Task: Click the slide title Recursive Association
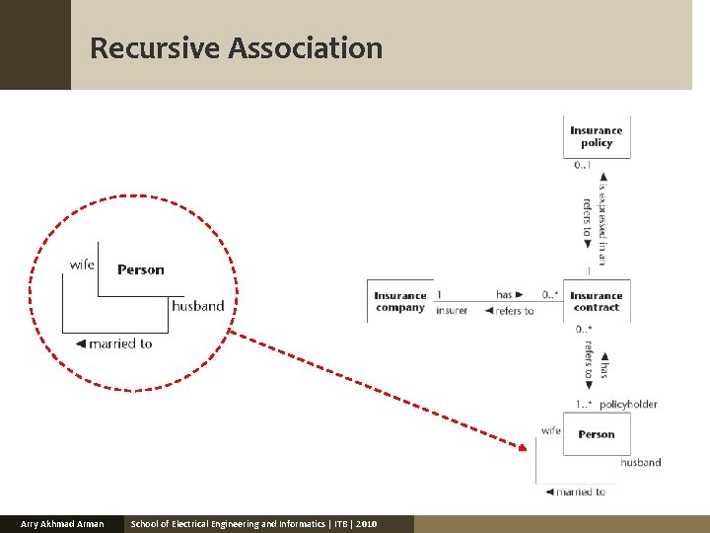pyautogui.click(x=236, y=47)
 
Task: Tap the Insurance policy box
pyautogui.click(x=597, y=136)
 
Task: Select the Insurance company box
pyautogui.click(x=400, y=301)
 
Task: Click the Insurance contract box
pyautogui.click(x=597, y=301)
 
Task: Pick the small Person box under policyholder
pyautogui.click(x=597, y=434)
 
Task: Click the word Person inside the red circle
pyautogui.click(x=141, y=269)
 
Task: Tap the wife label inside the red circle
pyautogui.click(x=82, y=264)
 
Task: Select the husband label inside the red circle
pyautogui.click(x=198, y=306)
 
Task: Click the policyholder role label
pyautogui.click(x=628, y=404)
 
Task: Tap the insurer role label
pyautogui.click(x=452, y=311)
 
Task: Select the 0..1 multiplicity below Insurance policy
pyautogui.click(x=584, y=165)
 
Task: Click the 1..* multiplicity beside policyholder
pyautogui.click(x=584, y=404)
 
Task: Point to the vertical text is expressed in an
pyautogui.click(x=603, y=219)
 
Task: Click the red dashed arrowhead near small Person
pyautogui.click(x=522, y=446)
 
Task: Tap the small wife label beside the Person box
pyautogui.click(x=550, y=430)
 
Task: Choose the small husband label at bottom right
pyautogui.click(x=641, y=462)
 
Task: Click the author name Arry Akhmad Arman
pyautogui.click(x=62, y=524)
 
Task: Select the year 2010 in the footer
pyautogui.click(x=367, y=524)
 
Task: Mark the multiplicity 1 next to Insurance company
pyautogui.click(x=439, y=295)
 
